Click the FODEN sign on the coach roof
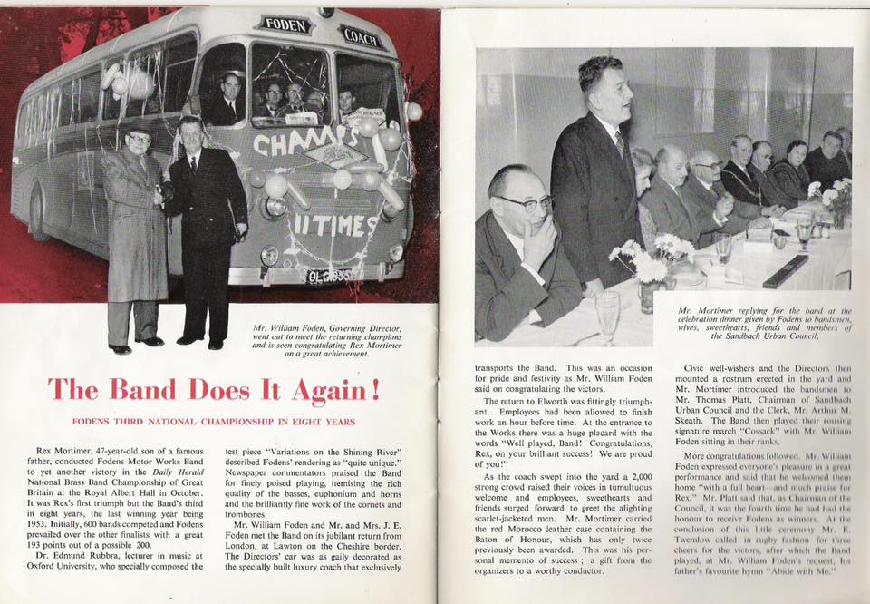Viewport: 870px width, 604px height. [285, 24]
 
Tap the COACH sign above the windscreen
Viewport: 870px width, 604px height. [363, 36]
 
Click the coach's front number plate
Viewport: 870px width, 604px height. [329, 275]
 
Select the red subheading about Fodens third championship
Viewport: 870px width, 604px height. [213, 422]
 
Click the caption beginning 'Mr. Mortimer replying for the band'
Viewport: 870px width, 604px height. [765, 323]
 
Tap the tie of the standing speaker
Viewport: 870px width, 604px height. [620, 142]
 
